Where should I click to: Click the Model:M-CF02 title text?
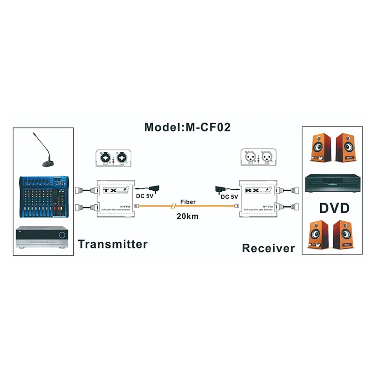click(x=187, y=127)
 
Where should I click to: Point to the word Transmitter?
click(x=112, y=244)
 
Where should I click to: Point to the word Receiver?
click(x=268, y=248)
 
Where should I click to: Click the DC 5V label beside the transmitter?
click(x=144, y=197)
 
